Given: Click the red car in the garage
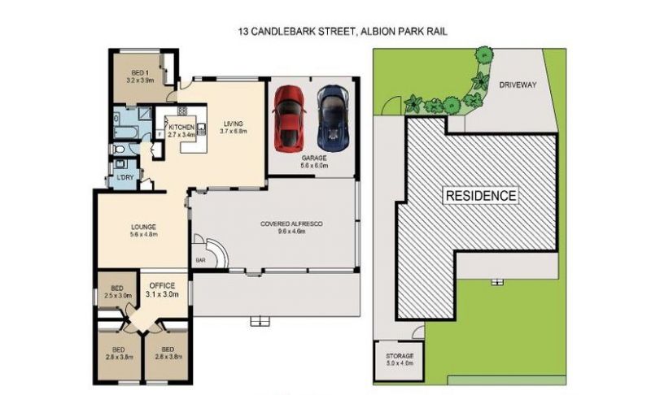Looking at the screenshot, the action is pyautogui.click(x=289, y=118).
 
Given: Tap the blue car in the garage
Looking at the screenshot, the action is pyautogui.click(x=334, y=118).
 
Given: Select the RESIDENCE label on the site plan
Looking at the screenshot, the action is pyautogui.click(x=481, y=196).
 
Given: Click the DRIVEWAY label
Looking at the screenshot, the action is pyautogui.click(x=518, y=85).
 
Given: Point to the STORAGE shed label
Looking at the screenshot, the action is pyautogui.click(x=400, y=356).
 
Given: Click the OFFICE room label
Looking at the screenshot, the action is pyautogui.click(x=162, y=285).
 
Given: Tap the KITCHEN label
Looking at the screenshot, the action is pyautogui.click(x=181, y=128).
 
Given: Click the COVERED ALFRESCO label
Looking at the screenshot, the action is pyautogui.click(x=291, y=224).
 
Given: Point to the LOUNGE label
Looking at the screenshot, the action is pyautogui.click(x=144, y=227).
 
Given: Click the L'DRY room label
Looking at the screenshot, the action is pyautogui.click(x=125, y=177).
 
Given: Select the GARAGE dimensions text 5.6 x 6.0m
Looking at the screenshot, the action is pyautogui.click(x=314, y=165).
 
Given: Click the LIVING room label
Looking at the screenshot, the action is pyautogui.click(x=234, y=124).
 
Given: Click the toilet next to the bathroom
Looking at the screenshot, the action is pyautogui.click(x=117, y=149).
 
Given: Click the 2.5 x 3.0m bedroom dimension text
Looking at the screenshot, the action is pyautogui.click(x=118, y=296).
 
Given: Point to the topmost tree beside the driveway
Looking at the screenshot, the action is pyautogui.click(x=483, y=54).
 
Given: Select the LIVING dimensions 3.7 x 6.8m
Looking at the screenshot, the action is pyautogui.click(x=234, y=132).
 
